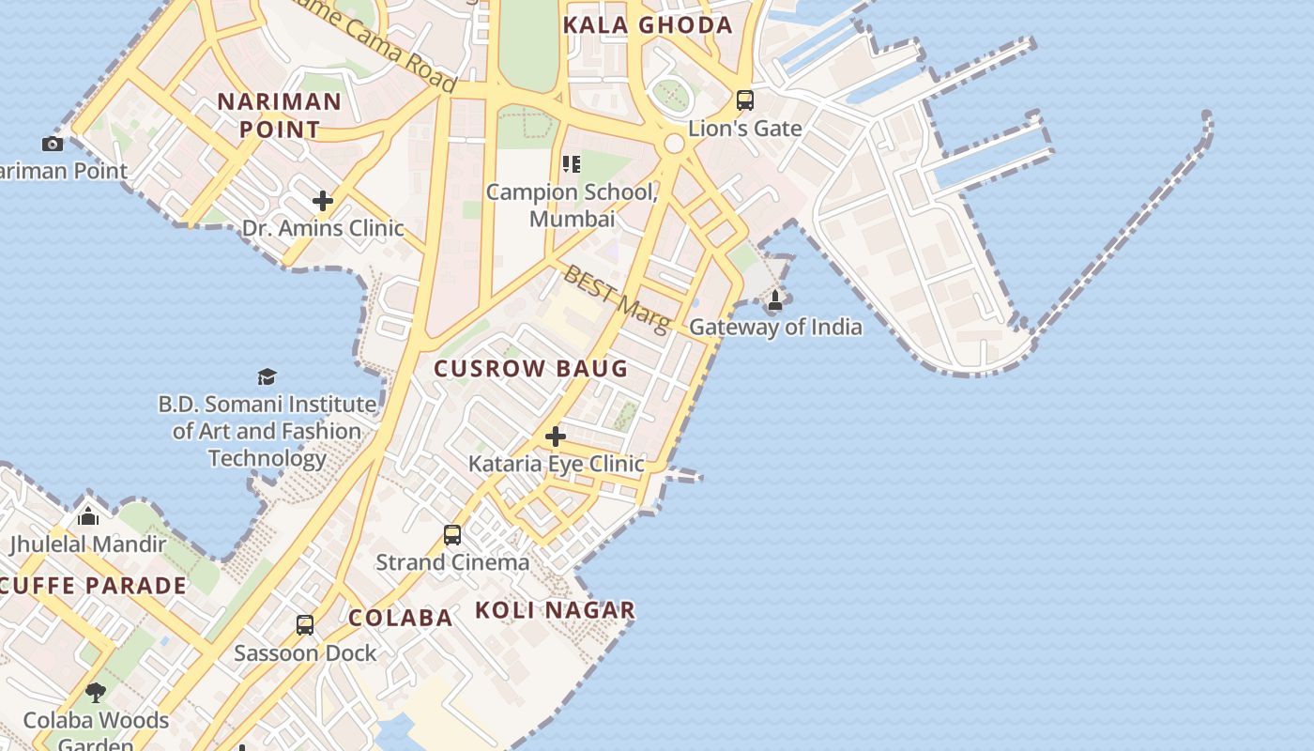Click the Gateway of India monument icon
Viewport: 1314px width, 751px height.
coord(775,300)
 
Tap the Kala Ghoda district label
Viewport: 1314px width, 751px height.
coord(648,25)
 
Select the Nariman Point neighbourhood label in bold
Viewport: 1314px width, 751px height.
coord(280,115)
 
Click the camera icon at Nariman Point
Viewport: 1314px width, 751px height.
coord(53,144)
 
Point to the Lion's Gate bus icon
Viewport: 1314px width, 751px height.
coord(745,100)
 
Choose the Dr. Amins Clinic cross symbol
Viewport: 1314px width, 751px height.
coord(323,201)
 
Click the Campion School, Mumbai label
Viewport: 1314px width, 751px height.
coord(571,205)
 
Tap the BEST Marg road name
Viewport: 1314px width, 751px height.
coord(616,298)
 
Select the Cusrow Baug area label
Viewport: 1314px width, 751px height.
coord(531,368)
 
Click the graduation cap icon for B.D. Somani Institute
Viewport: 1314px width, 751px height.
coord(267,377)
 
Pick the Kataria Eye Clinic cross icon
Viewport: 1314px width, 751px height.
coord(556,437)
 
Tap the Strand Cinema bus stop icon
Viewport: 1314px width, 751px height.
coord(452,535)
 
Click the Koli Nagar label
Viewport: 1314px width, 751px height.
coord(555,610)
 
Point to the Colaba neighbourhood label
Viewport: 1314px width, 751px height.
coord(401,618)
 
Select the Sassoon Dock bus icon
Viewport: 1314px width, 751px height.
coord(305,625)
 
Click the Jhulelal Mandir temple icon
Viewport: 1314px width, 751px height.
coord(88,516)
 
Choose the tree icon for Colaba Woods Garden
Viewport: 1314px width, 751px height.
coord(95,693)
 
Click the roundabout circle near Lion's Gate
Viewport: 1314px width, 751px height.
coord(674,144)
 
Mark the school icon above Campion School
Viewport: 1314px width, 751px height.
coord(571,165)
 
